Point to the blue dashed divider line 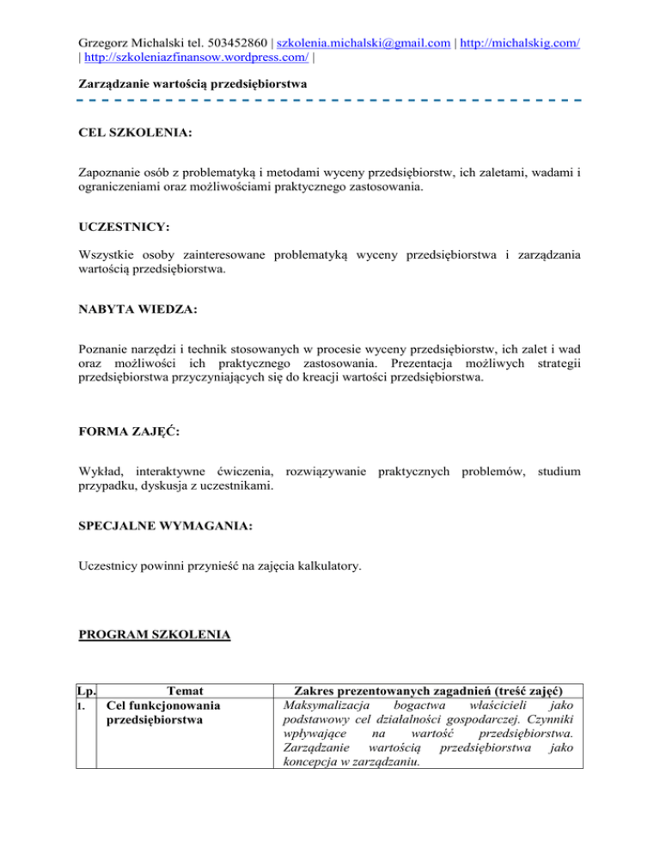coord(330,101)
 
